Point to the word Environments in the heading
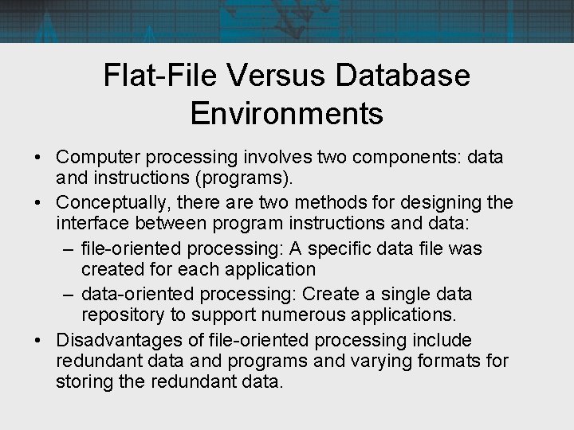click(287, 113)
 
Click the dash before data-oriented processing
click(68, 294)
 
